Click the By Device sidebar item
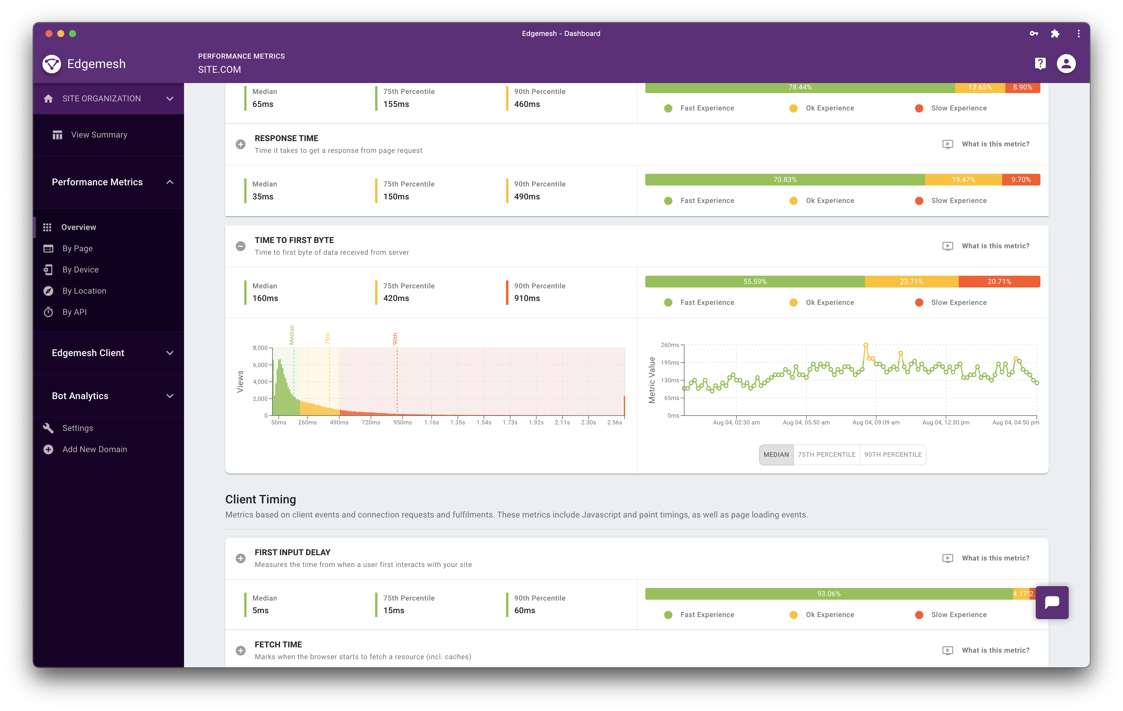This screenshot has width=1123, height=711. point(80,270)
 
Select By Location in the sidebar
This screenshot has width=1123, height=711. point(84,291)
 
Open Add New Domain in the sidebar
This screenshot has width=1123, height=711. point(94,449)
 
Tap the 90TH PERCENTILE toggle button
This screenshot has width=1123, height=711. point(893,455)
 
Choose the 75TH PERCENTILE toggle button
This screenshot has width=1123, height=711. point(826,455)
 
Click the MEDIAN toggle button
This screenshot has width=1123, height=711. point(776,455)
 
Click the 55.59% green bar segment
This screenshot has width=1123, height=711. point(755,281)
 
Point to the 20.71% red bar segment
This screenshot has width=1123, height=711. point(999,281)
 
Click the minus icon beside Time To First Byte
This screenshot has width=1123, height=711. point(241,246)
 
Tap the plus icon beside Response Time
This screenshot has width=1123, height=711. point(241,144)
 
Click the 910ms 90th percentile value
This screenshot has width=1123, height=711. point(527,298)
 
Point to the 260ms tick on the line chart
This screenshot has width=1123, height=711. point(670,345)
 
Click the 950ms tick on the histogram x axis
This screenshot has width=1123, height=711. point(403,423)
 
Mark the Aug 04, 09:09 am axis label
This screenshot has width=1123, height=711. point(876,423)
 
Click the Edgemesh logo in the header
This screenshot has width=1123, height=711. point(52,64)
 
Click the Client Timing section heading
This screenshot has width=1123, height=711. point(261,500)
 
